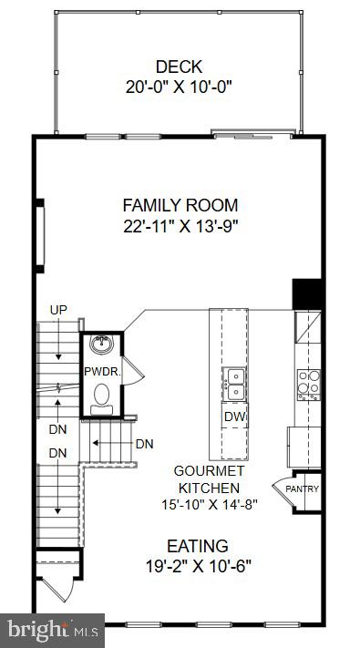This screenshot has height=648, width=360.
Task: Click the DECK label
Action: click(x=179, y=67)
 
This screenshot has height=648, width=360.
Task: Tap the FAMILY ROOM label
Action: click(x=180, y=205)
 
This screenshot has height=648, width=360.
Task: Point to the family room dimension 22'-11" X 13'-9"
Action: click(x=180, y=225)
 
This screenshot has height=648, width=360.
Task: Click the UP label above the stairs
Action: click(x=58, y=312)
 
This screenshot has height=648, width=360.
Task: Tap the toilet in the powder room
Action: click(x=102, y=396)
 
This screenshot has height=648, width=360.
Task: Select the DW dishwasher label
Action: click(x=233, y=417)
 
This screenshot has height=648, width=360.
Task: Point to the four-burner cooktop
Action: click(x=308, y=383)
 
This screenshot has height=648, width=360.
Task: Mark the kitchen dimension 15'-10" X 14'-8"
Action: click(x=211, y=503)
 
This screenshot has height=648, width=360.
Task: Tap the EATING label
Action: click(x=197, y=546)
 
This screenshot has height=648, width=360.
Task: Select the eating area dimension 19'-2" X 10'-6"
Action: click(x=197, y=567)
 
